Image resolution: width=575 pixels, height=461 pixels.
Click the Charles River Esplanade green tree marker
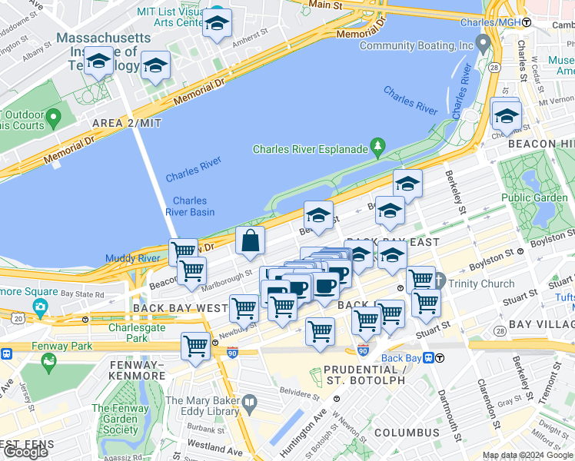tap(377, 145)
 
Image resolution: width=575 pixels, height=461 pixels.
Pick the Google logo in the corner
tap(25, 452)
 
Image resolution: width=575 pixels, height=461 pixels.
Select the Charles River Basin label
tap(189, 207)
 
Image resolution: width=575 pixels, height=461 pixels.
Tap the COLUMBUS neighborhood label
tap(407, 433)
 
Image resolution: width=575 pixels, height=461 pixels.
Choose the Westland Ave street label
tap(215, 447)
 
